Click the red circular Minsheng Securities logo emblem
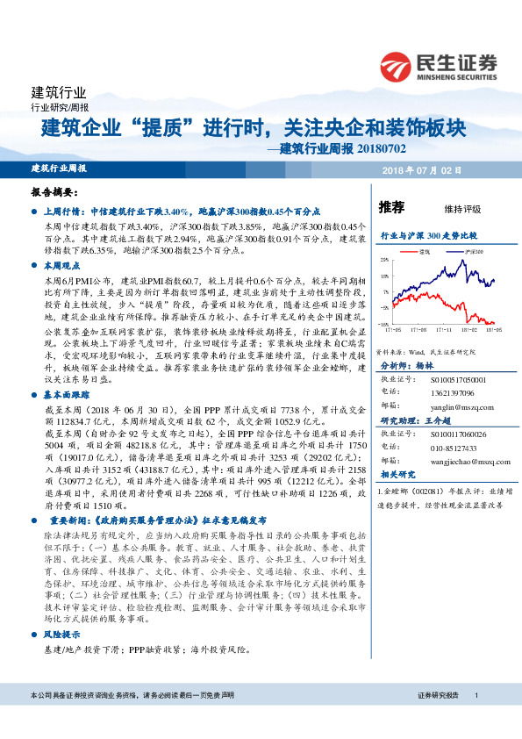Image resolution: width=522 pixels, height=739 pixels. pos(396,66)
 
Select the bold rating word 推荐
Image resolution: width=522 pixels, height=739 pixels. pos(391,208)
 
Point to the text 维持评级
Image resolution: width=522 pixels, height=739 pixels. pos(463,209)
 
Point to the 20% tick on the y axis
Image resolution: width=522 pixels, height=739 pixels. pos(383,260)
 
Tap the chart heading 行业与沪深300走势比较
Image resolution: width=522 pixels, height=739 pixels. pos(427,236)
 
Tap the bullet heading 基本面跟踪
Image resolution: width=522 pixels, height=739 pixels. pos(65,396)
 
